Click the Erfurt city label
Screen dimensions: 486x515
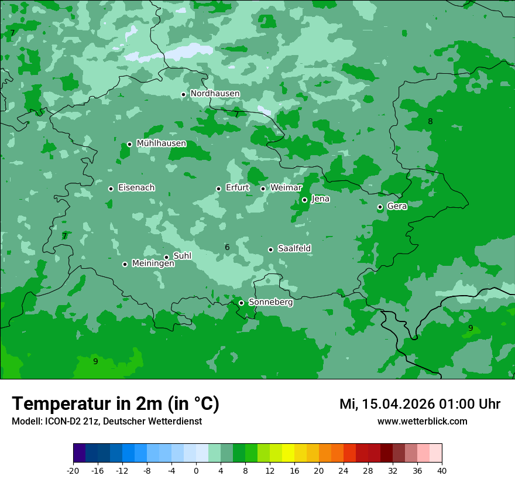[x=238, y=188]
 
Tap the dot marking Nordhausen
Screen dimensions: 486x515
[x=183, y=94]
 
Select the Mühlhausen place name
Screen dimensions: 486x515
[x=161, y=143]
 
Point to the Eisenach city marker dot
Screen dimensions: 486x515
[x=111, y=189]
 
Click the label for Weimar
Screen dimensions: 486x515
[x=286, y=188]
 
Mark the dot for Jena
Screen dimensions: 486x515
[x=304, y=200]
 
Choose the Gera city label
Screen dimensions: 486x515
[x=397, y=206]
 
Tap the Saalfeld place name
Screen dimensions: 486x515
[x=294, y=249]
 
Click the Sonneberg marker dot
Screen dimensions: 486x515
[x=241, y=303]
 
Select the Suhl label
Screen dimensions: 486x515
[x=183, y=256]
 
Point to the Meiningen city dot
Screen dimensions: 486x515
[x=125, y=264]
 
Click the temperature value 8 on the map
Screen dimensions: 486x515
[x=430, y=122]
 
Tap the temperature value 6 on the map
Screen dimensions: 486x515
[x=227, y=248]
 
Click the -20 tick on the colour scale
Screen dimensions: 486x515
[x=73, y=470]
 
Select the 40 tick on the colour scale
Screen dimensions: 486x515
[x=441, y=470]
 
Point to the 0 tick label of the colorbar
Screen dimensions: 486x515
[x=196, y=470]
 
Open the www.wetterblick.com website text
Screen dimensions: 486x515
[x=422, y=422]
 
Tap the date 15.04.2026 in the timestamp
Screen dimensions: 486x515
[x=399, y=404]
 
